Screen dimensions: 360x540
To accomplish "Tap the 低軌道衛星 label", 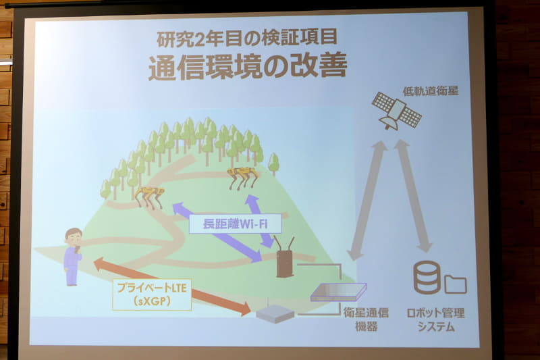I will (431, 90).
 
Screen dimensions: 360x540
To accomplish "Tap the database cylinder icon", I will (427, 278).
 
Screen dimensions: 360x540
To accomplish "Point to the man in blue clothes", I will (73, 256).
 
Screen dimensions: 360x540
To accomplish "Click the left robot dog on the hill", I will (149, 196).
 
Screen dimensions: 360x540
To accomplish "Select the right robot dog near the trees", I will (244, 177).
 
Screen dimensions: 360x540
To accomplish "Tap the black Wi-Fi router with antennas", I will (285, 257).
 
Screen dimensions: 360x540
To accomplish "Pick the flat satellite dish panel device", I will (338, 292).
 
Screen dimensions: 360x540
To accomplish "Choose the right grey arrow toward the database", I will (413, 197).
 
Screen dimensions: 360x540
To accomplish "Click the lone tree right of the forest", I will (273, 163).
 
